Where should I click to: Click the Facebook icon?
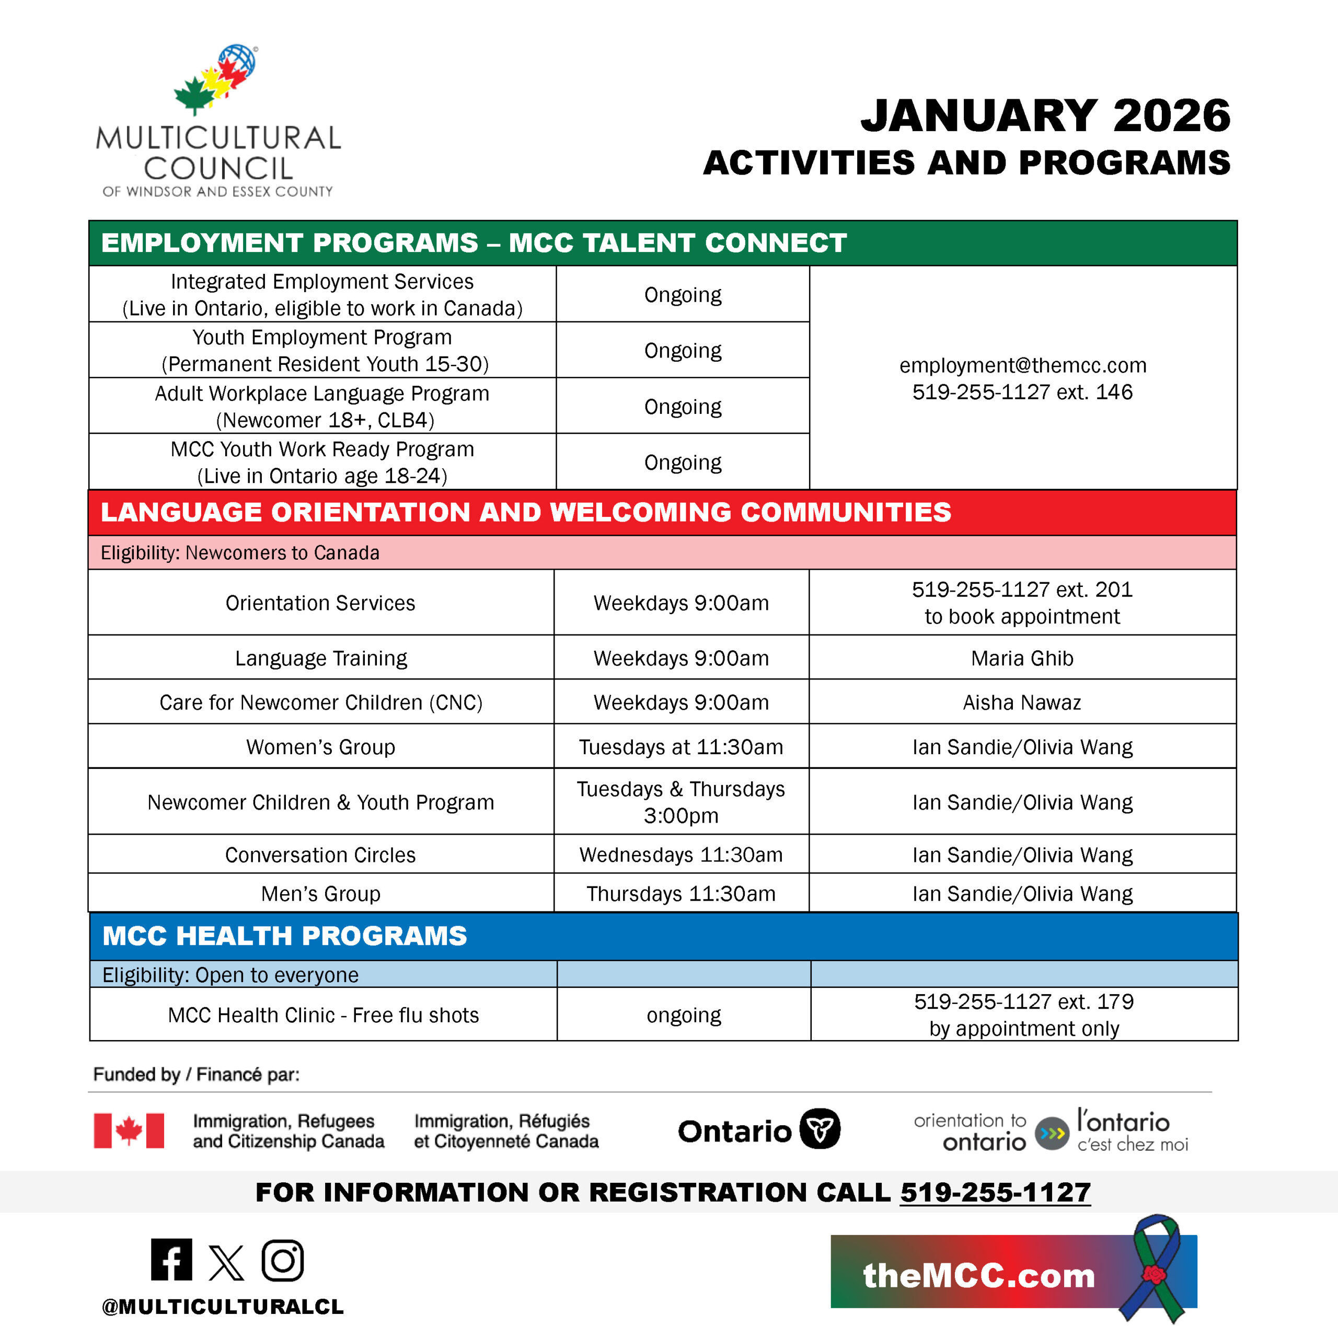point(171,1259)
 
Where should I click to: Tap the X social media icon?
point(226,1262)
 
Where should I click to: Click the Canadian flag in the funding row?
point(129,1131)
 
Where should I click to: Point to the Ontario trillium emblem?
point(820,1129)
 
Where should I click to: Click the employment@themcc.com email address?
point(1022,366)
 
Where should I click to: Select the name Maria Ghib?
point(1022,658)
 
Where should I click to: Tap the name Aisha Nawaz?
point(1022,702)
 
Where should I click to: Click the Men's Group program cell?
point(320,893)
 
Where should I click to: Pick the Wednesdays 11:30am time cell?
point(681,855)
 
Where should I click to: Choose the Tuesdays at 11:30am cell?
point(681,746)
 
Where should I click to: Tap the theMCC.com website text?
point(978,1276)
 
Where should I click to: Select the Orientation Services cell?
point(320,603)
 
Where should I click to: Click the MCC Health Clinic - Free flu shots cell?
point(324,1014)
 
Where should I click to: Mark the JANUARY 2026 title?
point(1045,115)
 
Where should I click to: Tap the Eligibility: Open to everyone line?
point(230,974)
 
